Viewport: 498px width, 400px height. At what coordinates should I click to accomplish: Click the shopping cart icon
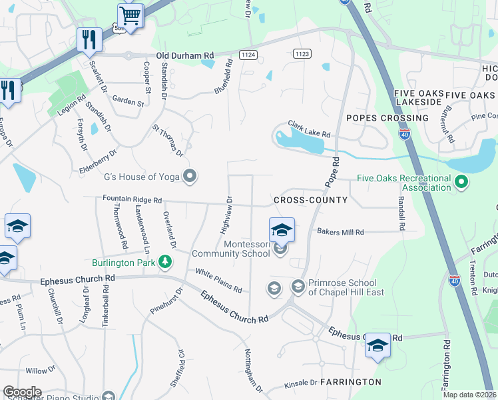[130, 15]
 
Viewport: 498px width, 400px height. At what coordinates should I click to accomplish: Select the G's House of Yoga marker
[190, 177]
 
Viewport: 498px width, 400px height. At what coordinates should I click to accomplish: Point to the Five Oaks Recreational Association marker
[460, 181]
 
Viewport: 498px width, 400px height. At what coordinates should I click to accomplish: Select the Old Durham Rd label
[185, 56]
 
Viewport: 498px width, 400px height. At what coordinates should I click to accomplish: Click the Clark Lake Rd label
[309, 128]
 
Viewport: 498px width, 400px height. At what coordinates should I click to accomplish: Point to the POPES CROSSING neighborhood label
[387, 118]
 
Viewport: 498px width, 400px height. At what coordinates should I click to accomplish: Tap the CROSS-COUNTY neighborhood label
[310, 200]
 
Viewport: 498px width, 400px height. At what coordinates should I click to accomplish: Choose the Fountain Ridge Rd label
[132, 199]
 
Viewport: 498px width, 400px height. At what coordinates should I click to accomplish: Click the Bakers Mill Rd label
[340, 232]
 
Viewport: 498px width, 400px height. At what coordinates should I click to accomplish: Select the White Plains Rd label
[218, 280]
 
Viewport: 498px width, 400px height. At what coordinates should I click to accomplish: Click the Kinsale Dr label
[300, 383]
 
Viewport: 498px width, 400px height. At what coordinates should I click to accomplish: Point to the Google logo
[22, 392]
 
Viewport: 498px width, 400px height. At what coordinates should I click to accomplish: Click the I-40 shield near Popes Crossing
[404, 134]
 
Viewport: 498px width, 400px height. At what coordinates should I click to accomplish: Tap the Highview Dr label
[226, 215]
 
